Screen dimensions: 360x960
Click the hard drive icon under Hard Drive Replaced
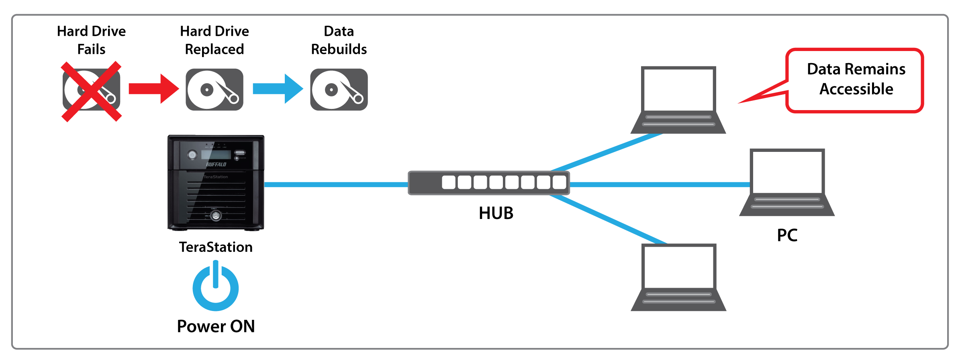[x=214, y=90]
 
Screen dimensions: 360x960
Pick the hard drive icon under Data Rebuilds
[x=339, y=90]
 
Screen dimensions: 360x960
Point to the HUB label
[x=496, y=213]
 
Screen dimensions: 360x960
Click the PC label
[x=787, y=235]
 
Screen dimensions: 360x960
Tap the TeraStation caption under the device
[x=216, y=247]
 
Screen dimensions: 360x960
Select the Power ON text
[x=216, y=326]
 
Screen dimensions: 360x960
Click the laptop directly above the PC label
[x=787, y=183]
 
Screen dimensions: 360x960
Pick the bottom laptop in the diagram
[x=678, y=277]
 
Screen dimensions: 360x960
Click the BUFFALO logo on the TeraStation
[x=216, y=164]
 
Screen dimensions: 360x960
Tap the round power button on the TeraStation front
[x=192, y=155]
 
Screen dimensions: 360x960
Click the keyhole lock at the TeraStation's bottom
[x=216, y=216]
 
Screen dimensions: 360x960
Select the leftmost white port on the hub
[x=448, y=182]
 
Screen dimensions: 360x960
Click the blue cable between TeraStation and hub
[x=336, y=184]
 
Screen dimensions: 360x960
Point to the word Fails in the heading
[x=91, y=49]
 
